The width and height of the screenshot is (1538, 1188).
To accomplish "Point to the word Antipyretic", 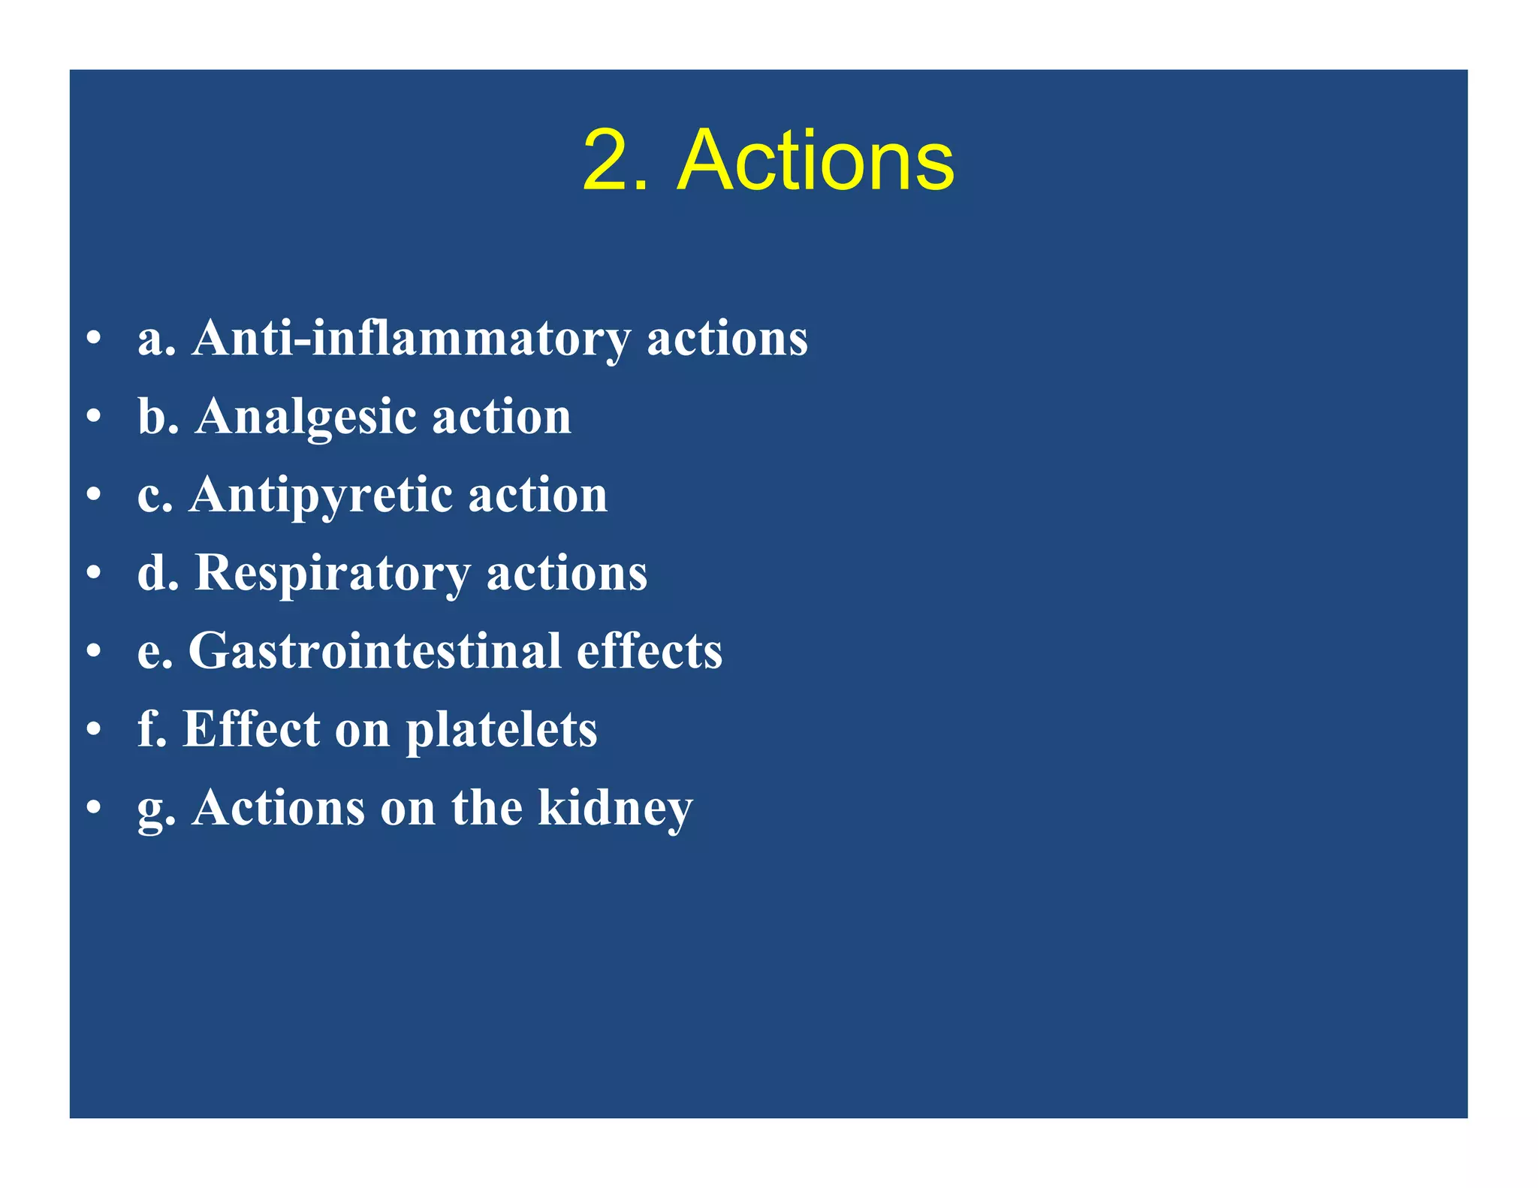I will click(x=321, y=496).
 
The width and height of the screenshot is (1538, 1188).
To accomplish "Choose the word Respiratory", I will click(x=333, y=574).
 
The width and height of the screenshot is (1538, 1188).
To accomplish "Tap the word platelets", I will click(x=502, y=730).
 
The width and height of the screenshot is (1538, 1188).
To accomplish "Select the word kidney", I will click(x=615, y=809).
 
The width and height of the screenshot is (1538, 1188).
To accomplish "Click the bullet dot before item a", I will click(x=93, y=337).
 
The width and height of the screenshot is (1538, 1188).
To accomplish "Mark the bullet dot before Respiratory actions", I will click(x=93, y=573).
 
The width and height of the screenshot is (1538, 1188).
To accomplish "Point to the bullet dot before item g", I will click(x=93, y=808).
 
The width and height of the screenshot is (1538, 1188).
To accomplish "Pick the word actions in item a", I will click(x=727, y=339).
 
